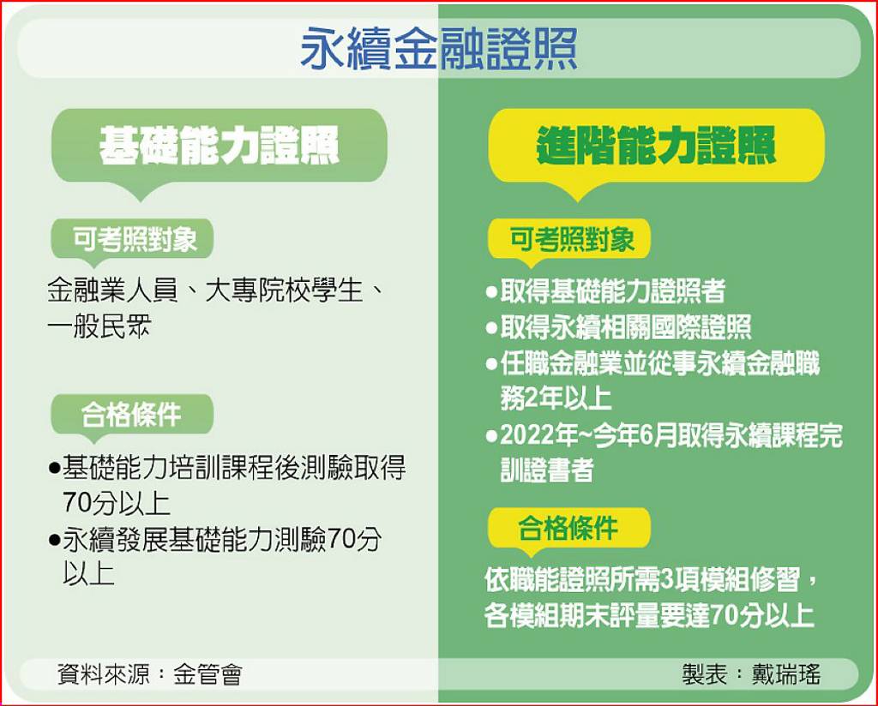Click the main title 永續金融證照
pyautogui.click(x=438, y=50)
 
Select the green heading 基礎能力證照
pyautogui.click(x=219, y=146)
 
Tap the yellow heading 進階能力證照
pyautogui.click(x=656, y=146)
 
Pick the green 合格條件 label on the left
pyautogui.click(x=131, y=416)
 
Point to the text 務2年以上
pyautogui.click(x=556, y=398)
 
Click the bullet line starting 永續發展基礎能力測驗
pyautogui.click(x=221, y=540)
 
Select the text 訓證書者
pyautogui.click(x=546, y=471)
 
